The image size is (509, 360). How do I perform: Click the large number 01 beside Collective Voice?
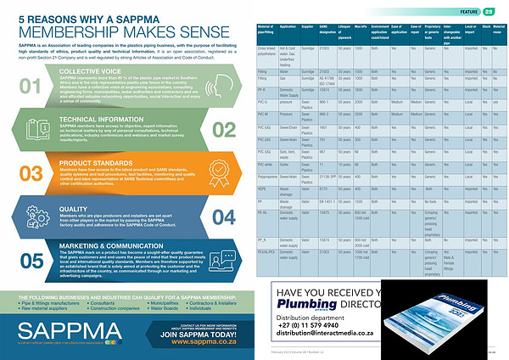point(31,86)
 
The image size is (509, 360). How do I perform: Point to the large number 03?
point(31,173)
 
